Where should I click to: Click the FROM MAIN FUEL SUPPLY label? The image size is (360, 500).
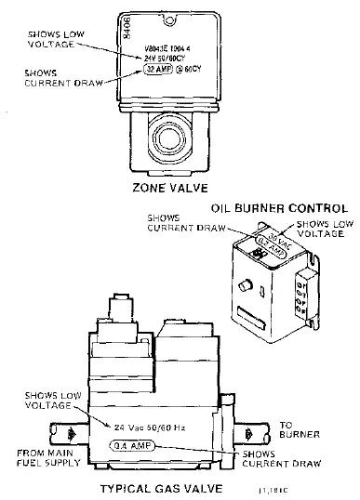(x=43, y=456)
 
